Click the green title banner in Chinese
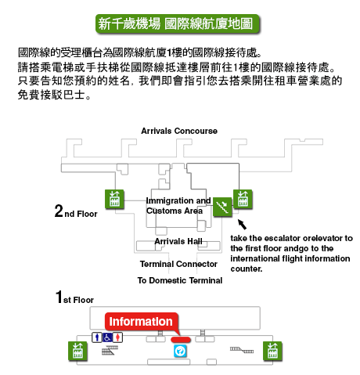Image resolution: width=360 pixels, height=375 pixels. pos(178,23)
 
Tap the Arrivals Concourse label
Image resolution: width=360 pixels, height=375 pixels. pos(179,131)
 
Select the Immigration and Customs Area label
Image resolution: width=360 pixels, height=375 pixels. pos(178,205)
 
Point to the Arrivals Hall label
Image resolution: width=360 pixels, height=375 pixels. pos(178,241)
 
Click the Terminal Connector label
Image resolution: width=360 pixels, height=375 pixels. pos(178,264)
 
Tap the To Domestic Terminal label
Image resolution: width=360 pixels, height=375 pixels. pos(180,280)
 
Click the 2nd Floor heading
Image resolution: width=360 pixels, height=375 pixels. pos(76,211)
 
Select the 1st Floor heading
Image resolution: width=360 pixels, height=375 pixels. pos(74,297)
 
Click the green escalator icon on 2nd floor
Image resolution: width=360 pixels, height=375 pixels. pos(222,207)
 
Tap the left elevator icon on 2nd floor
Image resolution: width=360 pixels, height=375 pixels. pos(114,199)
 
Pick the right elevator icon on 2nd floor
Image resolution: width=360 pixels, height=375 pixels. pos(243,199)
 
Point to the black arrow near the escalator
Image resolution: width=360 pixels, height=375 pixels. pos(242,224)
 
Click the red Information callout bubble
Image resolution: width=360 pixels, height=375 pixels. pos(142,322)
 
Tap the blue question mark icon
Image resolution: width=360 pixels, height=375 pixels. pos(180,351)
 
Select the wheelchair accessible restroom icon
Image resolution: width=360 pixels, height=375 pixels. pos(107,337)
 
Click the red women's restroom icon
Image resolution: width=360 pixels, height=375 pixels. pos(117,337)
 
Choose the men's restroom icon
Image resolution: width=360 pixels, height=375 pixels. pos(97,337)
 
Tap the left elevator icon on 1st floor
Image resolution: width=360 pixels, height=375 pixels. pos(77,351)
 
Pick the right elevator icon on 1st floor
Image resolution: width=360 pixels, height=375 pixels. pos(272,351)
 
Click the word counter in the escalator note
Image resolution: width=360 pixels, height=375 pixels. pos(246,269)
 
